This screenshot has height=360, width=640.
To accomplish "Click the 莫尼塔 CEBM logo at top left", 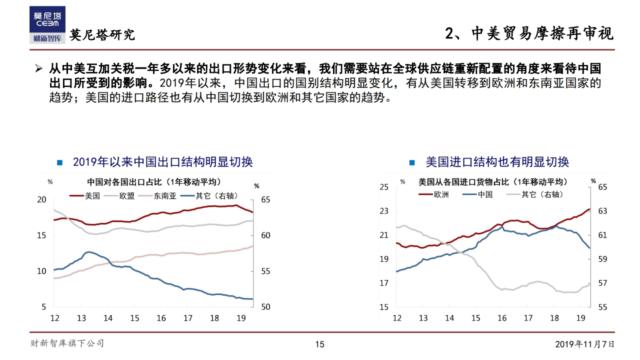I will [47, 24].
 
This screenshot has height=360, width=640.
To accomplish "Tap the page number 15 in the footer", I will [319, 344].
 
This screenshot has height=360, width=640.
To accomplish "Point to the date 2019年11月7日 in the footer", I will [584, 344].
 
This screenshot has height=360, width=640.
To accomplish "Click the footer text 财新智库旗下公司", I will [67, 343].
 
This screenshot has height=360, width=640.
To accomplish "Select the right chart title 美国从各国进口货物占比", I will [493, 181].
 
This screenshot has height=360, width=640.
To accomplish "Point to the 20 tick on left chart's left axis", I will [42, 199].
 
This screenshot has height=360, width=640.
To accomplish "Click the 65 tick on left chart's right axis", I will [265, 199].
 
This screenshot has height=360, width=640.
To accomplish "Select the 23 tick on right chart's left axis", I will [384, 211].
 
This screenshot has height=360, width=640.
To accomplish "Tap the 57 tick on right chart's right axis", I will [602, 283].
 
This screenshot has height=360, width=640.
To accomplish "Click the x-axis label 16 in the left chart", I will [161, 318].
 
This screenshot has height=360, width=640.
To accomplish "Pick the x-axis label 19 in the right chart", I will [581, 318].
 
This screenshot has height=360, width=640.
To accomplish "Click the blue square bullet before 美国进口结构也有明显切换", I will [412, 162].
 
